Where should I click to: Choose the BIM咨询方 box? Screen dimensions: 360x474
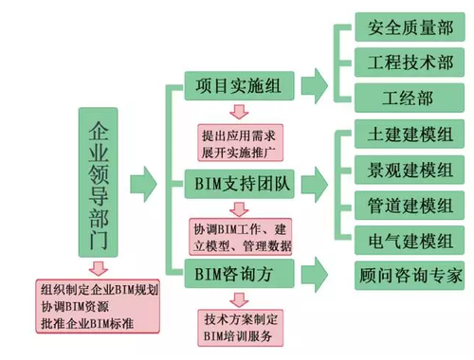click(x=232, y=275)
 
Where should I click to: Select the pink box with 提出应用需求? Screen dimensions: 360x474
click(x=243, y=142)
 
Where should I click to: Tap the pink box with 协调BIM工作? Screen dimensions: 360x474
click(x=241, y=236)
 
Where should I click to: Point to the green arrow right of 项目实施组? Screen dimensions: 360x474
click(x=315, y=85)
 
